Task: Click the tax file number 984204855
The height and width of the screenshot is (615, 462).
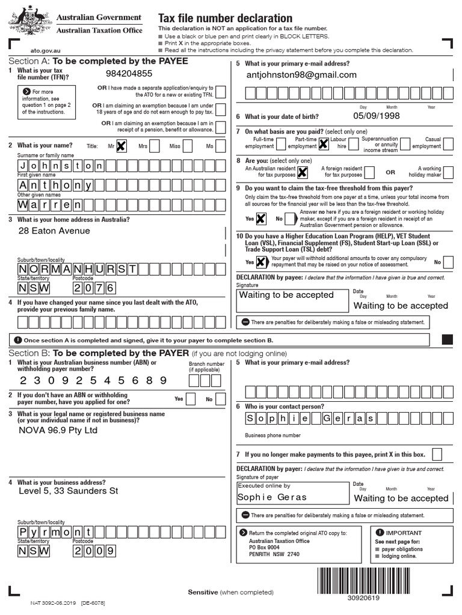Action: tap(129, 74)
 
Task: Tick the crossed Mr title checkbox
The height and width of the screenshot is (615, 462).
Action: tap(122, 145)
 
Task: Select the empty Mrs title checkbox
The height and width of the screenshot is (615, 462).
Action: tap(155, 145)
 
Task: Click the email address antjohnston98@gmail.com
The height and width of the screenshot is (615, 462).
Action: tap(301, 75)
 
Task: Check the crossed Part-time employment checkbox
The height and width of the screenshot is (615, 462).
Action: tap(323, 144)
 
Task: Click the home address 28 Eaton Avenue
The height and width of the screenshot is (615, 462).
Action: tap(54, 231)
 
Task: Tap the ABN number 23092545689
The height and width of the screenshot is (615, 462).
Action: tap(93, 380)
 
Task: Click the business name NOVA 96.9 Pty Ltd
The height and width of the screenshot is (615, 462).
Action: tap(58, 430)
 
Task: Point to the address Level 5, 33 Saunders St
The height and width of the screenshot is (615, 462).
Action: tap(69, 491)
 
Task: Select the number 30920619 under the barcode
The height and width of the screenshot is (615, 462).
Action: tap(363, 598)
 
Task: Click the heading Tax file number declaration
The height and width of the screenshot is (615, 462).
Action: tap(225, 19)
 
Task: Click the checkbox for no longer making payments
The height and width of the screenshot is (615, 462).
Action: tap(437, 454)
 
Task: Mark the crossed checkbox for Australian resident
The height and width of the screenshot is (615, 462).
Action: tap(303, 172)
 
